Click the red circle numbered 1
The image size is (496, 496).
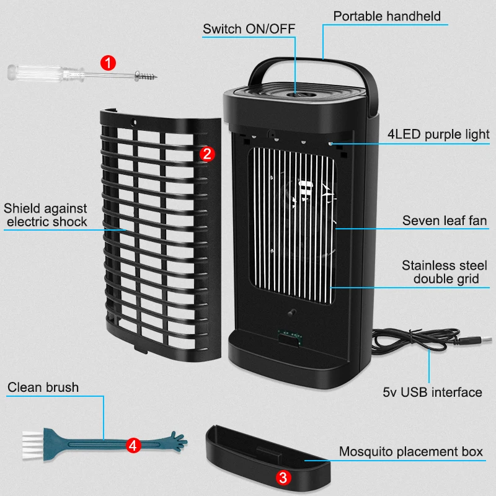coord(108,62)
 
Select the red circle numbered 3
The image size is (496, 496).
coord(283,477)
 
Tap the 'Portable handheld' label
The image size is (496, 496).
coord(387,15)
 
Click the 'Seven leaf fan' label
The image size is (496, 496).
coord(445,220)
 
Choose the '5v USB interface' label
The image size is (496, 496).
coord(432,392)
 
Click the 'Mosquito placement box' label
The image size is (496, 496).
coord(410,451)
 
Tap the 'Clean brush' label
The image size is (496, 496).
coord(43,387)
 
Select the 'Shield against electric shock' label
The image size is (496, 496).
coord(45,215)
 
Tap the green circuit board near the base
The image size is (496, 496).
coord(288,335)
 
